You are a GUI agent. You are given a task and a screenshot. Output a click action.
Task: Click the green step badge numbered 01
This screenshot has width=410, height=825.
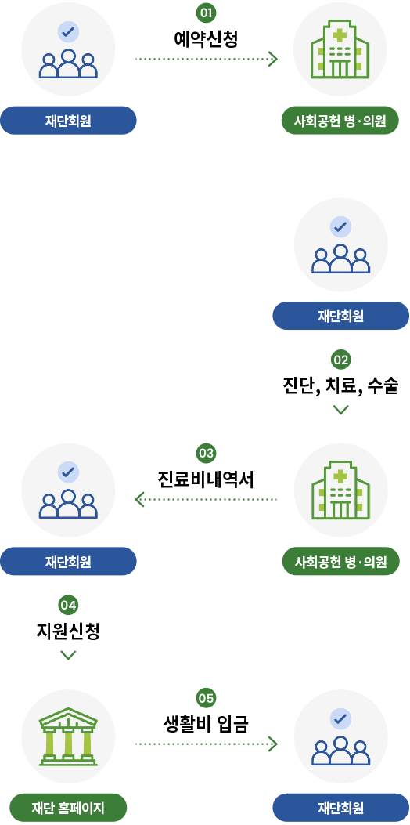(x=206, y=13)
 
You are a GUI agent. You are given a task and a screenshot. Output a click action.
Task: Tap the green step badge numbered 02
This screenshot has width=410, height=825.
(x=340, y=360)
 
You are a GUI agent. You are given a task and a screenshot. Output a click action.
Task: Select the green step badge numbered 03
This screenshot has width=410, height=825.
(x=206, y=453)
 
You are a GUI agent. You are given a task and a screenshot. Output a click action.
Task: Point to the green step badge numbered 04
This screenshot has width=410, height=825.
(x=68, y=605)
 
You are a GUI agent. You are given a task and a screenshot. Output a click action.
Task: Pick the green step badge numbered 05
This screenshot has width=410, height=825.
(x=206, y=698)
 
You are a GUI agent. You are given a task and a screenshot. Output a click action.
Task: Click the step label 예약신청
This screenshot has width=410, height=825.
(x=206, y=40)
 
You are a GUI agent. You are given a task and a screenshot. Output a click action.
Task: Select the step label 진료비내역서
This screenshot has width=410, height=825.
(x=206, y=479)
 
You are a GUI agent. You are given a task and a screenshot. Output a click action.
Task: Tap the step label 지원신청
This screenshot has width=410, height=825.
(x=68, y=631)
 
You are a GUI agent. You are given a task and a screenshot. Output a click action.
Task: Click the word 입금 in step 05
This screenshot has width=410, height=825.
(x=232, y=725)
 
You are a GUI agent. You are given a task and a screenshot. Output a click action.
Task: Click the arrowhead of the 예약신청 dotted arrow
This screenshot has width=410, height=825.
(x=273, y=59)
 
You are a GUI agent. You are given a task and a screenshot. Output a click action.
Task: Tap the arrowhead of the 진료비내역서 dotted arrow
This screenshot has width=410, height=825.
(x=139, y=499)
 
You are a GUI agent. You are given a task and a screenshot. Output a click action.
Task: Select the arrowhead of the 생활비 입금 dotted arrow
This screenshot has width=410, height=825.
(x=273, y=744)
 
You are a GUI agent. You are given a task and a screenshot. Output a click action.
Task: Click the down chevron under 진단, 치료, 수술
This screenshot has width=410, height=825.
(x=340, y=409)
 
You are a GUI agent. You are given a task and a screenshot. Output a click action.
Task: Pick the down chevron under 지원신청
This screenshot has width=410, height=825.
(x=68, y=654)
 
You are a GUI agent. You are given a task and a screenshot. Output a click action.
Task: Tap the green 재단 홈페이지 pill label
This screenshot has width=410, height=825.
(x=68, y=807)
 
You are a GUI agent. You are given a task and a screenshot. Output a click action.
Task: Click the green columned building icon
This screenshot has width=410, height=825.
(x=68, y=736)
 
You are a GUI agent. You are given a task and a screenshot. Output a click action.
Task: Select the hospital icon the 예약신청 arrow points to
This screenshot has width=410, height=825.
(x=340, y=49)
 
